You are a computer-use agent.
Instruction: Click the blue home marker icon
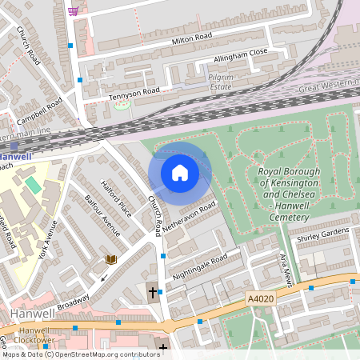tap(179, 173)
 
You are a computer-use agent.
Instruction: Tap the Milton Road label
tap(192, 38)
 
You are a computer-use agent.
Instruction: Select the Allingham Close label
tap(240, 56)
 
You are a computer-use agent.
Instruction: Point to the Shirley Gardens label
tap(324, 233)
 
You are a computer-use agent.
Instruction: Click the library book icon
tap(110, 259)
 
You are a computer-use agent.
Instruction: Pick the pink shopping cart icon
tap(74, 11)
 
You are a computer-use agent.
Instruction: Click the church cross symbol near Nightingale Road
tap(152, 292)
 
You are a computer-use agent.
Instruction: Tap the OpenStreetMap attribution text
tap(79, 354)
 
